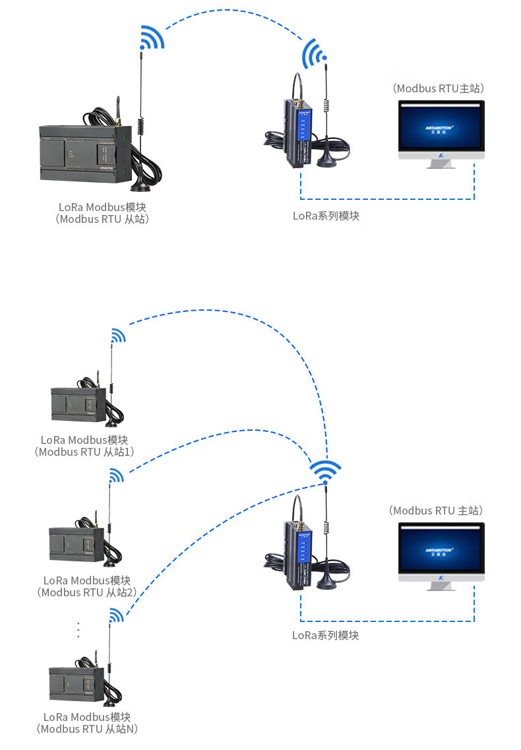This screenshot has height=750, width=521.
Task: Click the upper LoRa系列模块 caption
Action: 326,216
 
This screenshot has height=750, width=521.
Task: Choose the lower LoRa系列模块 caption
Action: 326,635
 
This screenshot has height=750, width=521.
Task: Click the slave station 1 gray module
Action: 78,404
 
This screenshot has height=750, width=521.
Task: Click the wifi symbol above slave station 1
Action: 117,336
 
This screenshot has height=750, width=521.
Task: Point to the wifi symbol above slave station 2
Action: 116,476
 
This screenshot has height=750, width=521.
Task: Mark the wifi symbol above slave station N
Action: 116,615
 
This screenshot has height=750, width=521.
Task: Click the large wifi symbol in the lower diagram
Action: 326,471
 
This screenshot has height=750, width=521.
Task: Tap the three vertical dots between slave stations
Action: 78,629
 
